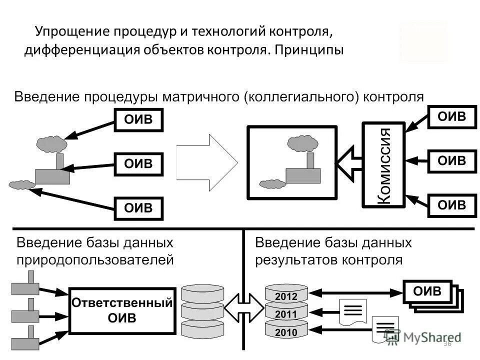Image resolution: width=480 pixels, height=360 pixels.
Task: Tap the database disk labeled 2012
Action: coord(286,295)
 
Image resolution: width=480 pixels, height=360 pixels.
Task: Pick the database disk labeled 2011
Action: coord(286,314)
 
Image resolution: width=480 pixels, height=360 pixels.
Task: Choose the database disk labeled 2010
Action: coord(286,331)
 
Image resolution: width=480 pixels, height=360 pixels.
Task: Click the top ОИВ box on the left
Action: coord(138,119)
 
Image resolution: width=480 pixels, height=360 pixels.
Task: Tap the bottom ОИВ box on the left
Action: coord(138,208)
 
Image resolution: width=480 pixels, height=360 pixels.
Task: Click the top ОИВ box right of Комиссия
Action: coord(451,117)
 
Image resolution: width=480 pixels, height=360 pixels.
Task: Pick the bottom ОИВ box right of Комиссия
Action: coord(451,204)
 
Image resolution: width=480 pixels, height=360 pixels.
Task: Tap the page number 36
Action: coord(447,344)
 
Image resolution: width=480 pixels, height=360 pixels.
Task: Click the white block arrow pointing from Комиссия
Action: coord(348,161)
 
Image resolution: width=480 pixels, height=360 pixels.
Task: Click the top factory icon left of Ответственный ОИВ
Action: coord(25,285)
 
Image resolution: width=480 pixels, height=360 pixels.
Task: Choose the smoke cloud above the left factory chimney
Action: coord(51,143)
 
